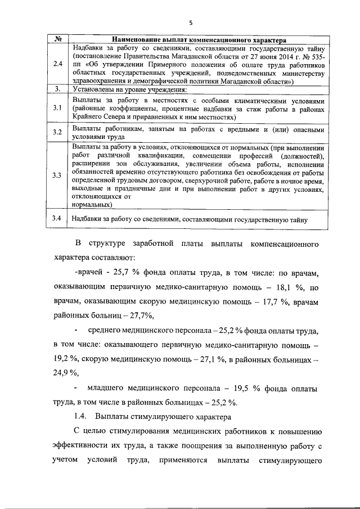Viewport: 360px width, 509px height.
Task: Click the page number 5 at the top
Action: [x=191, y=23]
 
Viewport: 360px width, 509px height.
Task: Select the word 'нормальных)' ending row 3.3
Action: [x=90, y=205]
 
